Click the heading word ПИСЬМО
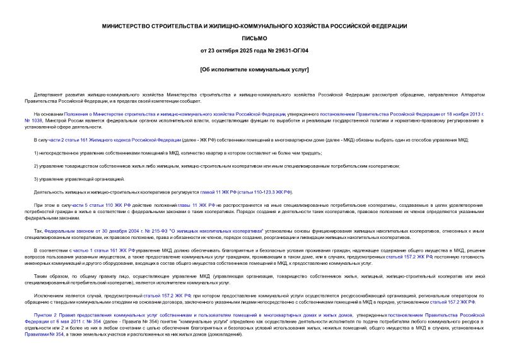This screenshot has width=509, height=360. (x=254, y=38)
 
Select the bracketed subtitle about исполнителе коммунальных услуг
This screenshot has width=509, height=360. (x=254, y=68)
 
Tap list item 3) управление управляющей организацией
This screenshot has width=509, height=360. (x=79, y=178)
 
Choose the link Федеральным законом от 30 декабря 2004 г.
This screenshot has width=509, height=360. (x=95, y=231)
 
